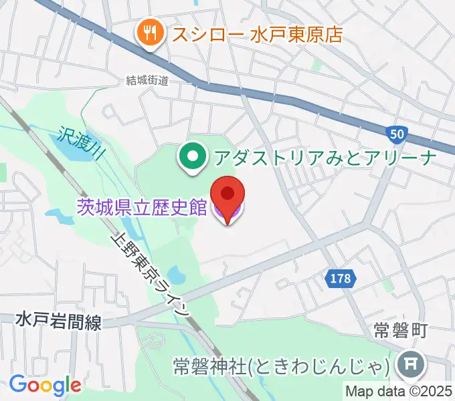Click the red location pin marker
click(227, 194)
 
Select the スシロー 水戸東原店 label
click(258, 33)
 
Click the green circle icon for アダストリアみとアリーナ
click(193, 158)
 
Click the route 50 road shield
click(397, 134)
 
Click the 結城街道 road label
click(147, 80)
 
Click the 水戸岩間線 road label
click(59, 323)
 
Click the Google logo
click(45, 385)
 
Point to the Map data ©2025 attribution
click(399, 390)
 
